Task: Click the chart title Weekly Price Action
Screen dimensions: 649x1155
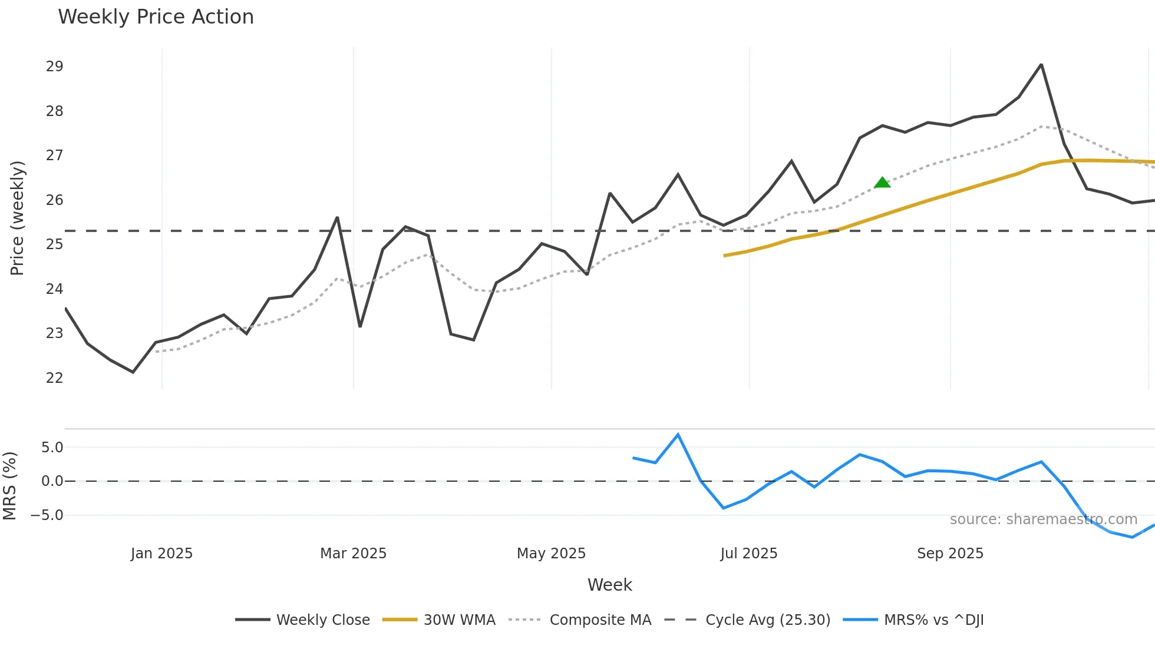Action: [156, 17]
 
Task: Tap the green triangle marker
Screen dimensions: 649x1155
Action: [882, 183]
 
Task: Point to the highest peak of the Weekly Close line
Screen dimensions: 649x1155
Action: [1041, 64]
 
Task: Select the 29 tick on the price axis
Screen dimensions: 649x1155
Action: [54, 67]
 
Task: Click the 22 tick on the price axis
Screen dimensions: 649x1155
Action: [54, 378]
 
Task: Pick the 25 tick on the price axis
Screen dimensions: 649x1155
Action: [54, 244]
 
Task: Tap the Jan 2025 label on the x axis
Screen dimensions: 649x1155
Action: [161, 554]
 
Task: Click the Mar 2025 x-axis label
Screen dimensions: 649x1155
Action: [353, 554]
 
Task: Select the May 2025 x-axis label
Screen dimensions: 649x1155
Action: [551, 554]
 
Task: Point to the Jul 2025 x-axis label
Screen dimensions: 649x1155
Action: [748, 554]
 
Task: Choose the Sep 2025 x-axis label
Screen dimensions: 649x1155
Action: [950, 554]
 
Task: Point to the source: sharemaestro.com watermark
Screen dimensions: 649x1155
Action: [1043, 519]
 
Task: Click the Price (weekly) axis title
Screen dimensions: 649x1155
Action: [17, 218]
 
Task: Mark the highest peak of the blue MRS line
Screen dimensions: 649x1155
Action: [678, 435]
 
